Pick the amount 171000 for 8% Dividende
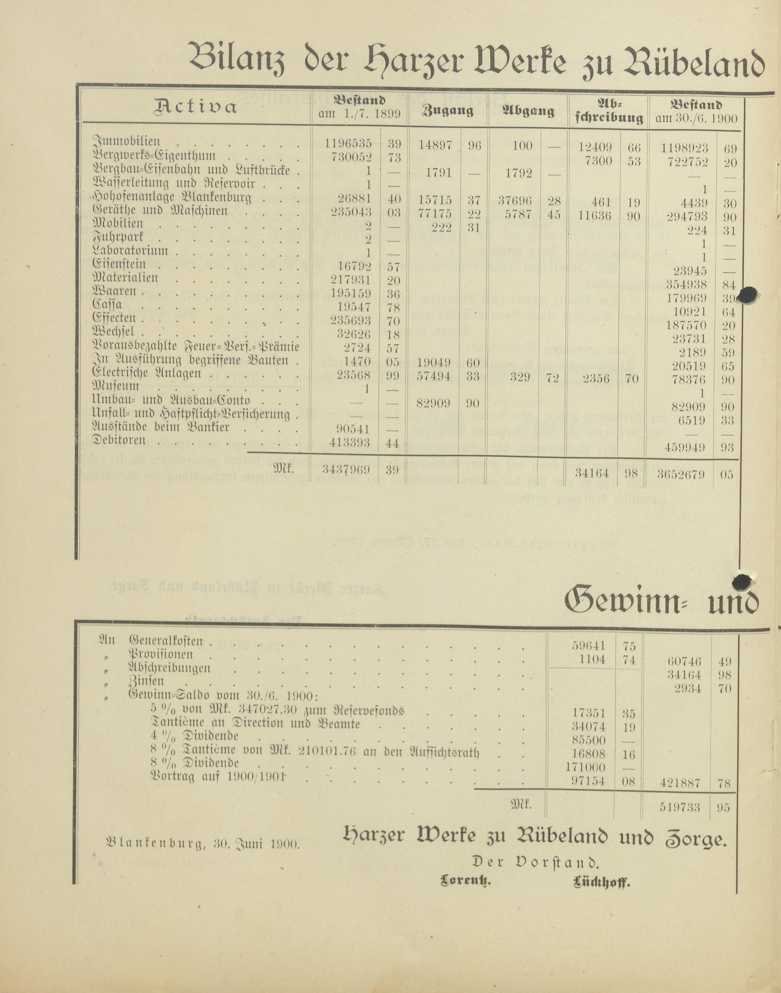[588, 768]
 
